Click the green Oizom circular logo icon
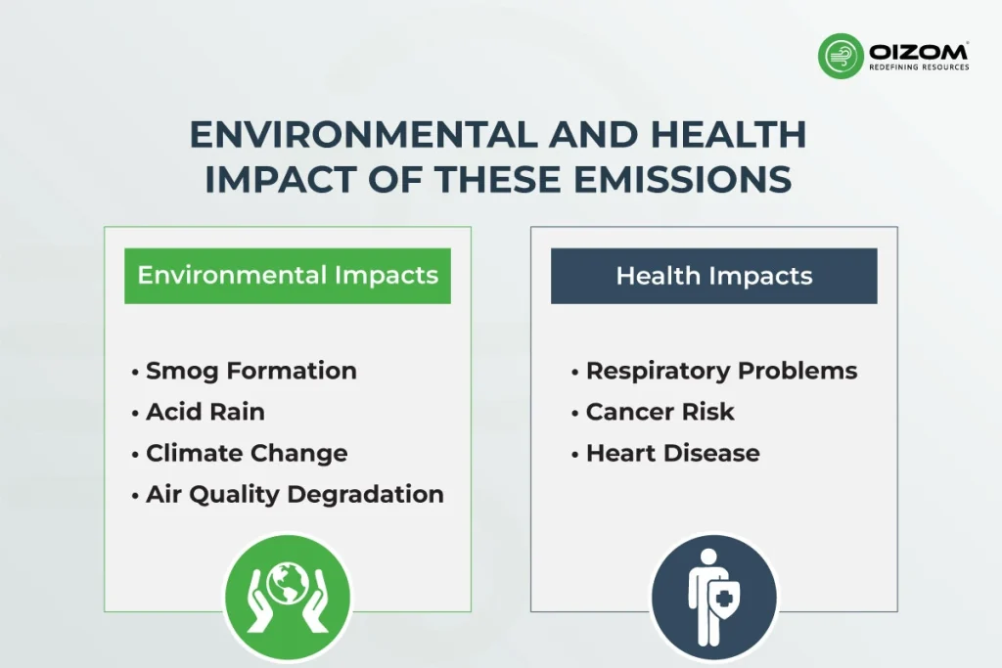841,56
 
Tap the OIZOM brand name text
918,52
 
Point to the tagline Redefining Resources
919,67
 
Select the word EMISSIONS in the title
682,179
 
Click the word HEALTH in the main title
728,135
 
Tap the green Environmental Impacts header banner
288,276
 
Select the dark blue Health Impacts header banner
713,276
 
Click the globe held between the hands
288,583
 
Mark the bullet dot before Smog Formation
135,372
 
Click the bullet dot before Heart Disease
575,454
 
